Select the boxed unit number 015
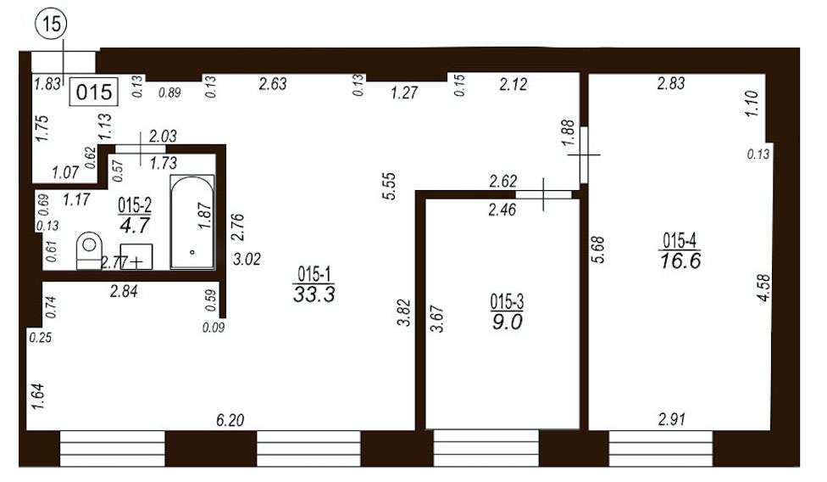94,92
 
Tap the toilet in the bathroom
89,250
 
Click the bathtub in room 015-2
192,221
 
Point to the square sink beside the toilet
136,256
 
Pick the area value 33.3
314,294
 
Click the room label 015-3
507,302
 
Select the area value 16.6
680,261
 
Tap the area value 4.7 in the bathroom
135,226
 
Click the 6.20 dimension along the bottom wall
230,420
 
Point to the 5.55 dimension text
389,186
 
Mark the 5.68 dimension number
598,249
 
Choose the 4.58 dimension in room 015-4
763,289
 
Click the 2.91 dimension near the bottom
671,420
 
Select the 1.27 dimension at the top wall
404,93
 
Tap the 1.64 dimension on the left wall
38,396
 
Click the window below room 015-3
486,448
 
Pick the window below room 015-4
660,448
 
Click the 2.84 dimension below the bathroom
124,291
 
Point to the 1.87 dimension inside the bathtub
205,216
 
